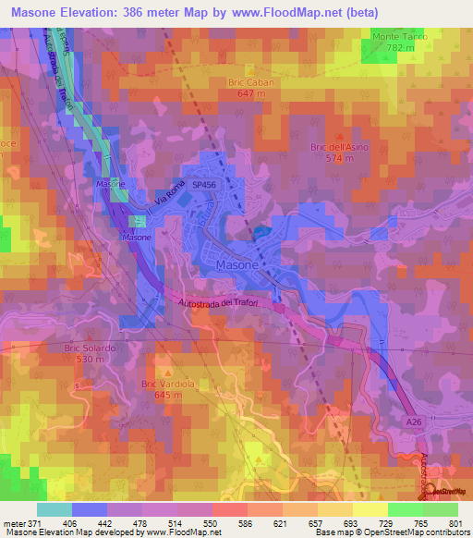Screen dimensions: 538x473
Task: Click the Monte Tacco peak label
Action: coord(397,36)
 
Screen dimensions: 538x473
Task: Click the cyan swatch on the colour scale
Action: coord(55,509)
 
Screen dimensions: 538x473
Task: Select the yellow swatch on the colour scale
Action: coord(370,509)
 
